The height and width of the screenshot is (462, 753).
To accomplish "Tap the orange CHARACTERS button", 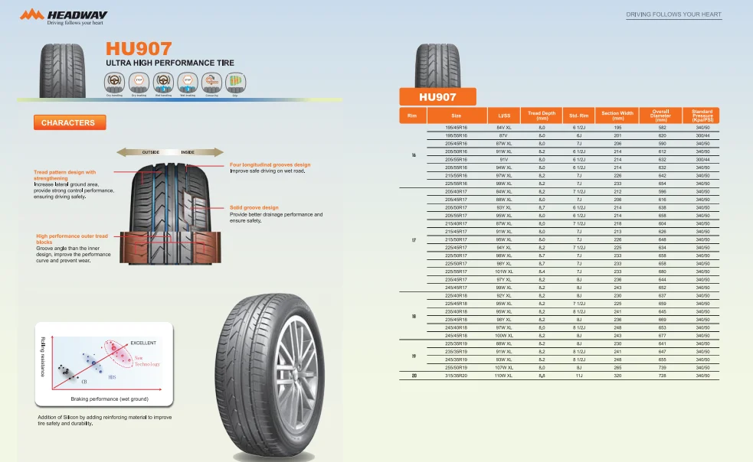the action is click(x=69, y=122).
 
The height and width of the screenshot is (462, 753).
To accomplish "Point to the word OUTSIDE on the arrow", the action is click(x=150, y=152).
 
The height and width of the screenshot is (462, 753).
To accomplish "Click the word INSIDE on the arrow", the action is click(x=188, y=152).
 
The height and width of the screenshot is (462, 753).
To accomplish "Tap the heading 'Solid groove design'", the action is click(x=254, y=207).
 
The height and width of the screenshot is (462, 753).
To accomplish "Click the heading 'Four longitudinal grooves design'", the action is click(x=270, y=164).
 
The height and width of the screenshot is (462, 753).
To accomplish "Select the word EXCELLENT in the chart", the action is click(x=143, y=342).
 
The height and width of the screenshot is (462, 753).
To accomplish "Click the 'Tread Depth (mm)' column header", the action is click(x=542, y=115).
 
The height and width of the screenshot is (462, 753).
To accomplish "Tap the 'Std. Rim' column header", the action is click(x=579, y=115).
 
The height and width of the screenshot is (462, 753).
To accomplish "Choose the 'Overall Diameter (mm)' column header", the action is click(x=660, y=115).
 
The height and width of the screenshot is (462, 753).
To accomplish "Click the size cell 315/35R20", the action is click(x=456, y=376).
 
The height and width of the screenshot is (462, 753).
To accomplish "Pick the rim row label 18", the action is click(x=414, y=315).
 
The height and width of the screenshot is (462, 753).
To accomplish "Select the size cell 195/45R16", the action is click(x=456, y=127).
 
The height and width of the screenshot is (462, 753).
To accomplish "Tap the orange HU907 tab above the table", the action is click(x=437, y=97).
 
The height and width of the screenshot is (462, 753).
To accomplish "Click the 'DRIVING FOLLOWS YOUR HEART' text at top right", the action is click(x=673, y=15).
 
